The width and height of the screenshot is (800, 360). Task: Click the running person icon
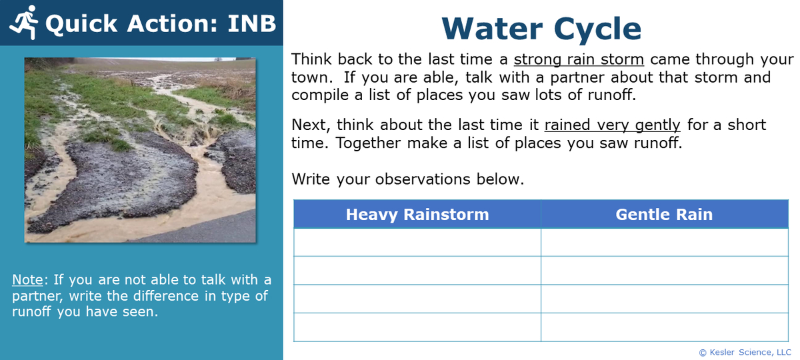click(25, 23)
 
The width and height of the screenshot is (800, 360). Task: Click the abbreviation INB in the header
click(251, 23)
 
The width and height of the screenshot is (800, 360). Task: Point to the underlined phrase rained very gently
click(612, 125)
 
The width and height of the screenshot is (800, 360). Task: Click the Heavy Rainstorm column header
click(417, 214)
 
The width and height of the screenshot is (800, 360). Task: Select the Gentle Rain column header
click(664, 214)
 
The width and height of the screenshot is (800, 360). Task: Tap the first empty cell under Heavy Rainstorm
click(417, 242)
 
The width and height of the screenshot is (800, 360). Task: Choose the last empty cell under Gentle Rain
click(664, 327)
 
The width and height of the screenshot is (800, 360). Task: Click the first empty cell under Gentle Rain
click(664, 242)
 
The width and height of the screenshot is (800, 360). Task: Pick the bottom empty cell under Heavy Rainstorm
click(417, 327)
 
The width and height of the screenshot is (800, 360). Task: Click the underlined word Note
click(27, 279)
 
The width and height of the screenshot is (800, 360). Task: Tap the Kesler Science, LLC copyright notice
click(745, 352)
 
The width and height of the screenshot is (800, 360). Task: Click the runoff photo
click(140, 150)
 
